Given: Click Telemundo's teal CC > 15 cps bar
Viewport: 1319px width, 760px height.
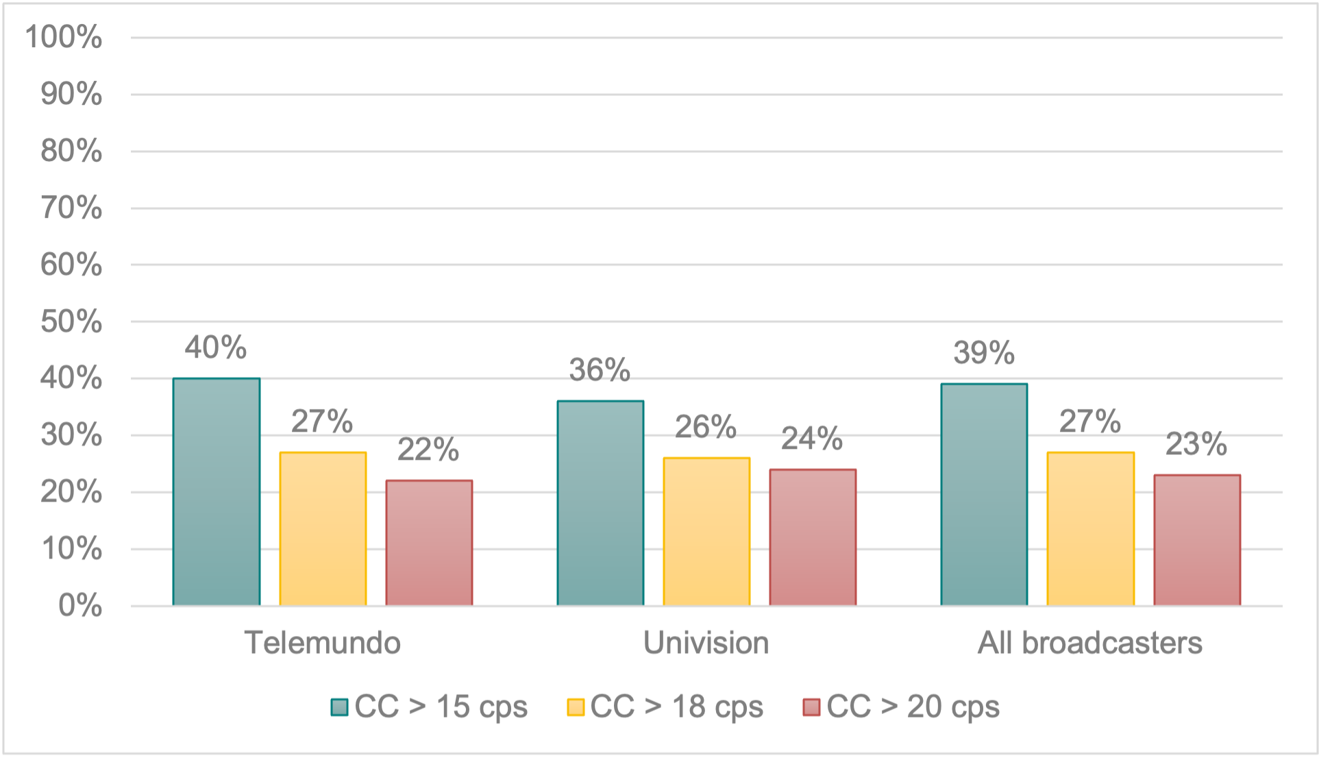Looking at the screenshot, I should pyautogui.click(x=217, y=492).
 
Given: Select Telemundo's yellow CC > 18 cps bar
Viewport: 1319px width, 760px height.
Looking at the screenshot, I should pyautogui.click(x=323, y=529).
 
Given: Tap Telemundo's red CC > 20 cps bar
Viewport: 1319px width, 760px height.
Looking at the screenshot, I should pyautogui.click(x=429, y=543).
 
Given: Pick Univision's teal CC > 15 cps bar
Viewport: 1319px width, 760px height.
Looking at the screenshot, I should pyautogui.click(x=600, y=503).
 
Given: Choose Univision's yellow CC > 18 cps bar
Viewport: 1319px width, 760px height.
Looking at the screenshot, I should pyautogui.click(x=706, y=532).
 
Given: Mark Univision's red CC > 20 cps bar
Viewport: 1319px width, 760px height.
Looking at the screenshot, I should pyautogui.click(x=813, y=537).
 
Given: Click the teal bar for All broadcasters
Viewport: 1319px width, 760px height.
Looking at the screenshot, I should pyautogui.click(x=984, y=495).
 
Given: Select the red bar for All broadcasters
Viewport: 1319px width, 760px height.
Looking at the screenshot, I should pyautogui.click(x=1197, y=540).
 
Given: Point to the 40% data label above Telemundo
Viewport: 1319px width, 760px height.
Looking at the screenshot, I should pyautogui.click(x=215, y=347).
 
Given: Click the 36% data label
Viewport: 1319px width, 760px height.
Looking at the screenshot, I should pyautogui.click(x=600, y=370).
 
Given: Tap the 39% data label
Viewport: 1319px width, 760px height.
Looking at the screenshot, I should pyautogui.click(x=983, y=353).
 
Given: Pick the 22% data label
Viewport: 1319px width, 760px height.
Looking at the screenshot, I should pyautogui.click(x=428, y=450).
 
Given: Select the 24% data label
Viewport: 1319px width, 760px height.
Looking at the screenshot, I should pyautogui.click(x=812, y=439).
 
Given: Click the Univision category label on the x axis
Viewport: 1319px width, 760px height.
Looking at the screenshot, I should pyautogui.click(x=706, y=643).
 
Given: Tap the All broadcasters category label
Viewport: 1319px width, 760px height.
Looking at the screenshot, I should pyautogui.click(x=1089, y=643).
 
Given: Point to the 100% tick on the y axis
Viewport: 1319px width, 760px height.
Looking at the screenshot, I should pyautogui.click(x=64, y=37).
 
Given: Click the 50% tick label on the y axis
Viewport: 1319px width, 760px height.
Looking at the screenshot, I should pyautogui.click(x=71, y=321).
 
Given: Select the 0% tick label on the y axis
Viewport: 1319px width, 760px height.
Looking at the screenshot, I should pyautogui.click(x=80, y=606).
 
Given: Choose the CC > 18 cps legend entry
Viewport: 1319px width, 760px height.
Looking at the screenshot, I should pyautogui.click(x=665, y=707).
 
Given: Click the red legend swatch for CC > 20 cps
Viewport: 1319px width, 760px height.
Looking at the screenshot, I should pyautogui.click(x=811, y=707).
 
